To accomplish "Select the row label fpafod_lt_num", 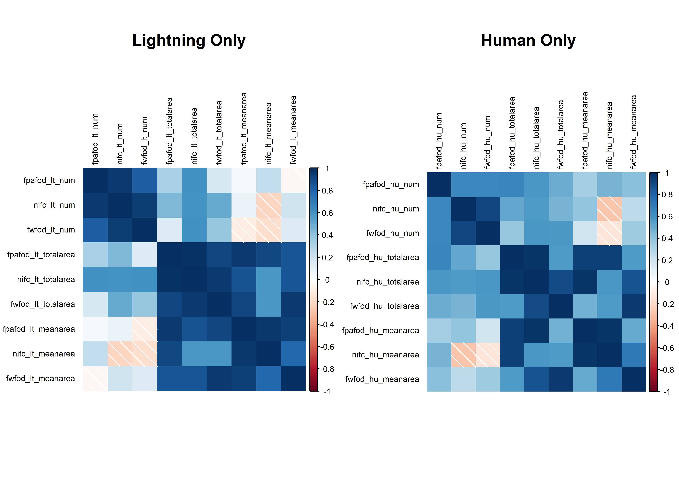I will click(x=49, y=180).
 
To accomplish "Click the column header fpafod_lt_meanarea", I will click(x=244, y=128).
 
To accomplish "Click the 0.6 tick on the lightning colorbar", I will click(x=327, y=213).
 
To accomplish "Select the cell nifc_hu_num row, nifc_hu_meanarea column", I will click(x=609, y=209).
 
